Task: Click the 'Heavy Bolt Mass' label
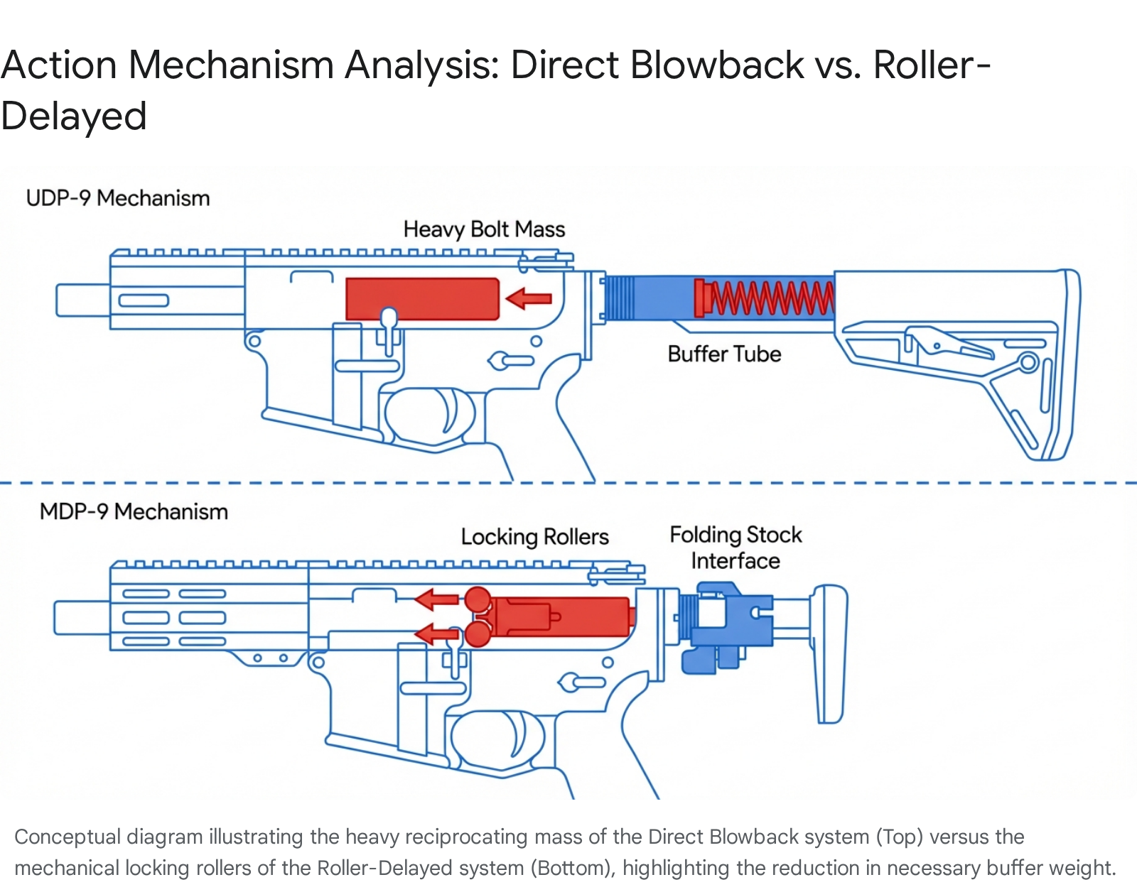pyautogui.click(x=484, y=229)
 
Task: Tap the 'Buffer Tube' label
pyautogui.click(x=724, y=354)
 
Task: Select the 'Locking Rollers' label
pyautogui.click(x=534, y=537)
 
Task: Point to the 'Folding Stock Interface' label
pyautogui.click(x=735, y=548)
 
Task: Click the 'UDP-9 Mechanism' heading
pyautogui.click(x=118, y=198)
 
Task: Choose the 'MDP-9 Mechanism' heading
pyautogui.click(x=134, y=511)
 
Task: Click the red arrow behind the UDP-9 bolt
pyautogui.click(x=529, y=298)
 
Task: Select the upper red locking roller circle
pyautogui.click(x=478, y=600)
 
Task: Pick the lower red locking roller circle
pyautogui.click(x=478, y=633)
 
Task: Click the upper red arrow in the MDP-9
pyautogui.click(x=436, y=599)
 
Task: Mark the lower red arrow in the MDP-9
pyautogui.click(x=436, y=633)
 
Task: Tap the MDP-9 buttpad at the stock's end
pyautogui.click(x=830, y=653)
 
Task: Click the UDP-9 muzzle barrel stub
pyautogui.click(x=82, y=300)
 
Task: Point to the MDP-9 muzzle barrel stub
pyautogui.click(x=81, y=617)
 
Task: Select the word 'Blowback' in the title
pyautogui.click(x=717, y=65)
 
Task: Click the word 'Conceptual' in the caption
pyautogui.click(x=67, y=837)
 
